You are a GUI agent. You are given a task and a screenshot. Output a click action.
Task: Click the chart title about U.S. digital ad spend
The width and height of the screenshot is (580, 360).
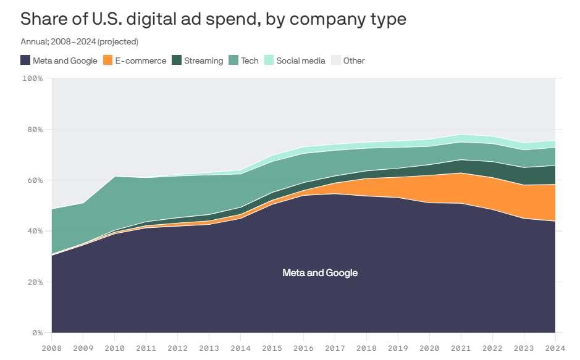213,19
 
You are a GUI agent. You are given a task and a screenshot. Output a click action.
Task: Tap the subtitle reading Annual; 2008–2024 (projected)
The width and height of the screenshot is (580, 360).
79,42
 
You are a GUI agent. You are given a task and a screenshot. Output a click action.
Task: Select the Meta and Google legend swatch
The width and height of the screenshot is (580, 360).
25,61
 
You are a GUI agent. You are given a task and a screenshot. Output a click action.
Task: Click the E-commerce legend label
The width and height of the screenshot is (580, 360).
141,61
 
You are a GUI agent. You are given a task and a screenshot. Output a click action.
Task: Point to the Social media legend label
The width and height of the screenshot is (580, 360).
300,61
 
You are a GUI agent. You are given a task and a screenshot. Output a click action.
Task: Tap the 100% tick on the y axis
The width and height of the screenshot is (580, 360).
32,78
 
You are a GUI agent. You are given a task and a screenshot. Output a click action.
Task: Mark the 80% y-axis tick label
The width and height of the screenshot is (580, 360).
35,130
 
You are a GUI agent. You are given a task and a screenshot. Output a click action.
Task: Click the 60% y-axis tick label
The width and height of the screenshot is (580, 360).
35,180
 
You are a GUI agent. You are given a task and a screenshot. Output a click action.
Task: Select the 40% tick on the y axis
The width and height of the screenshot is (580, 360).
35,231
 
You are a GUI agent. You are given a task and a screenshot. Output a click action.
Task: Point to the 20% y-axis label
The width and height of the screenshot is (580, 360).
35,282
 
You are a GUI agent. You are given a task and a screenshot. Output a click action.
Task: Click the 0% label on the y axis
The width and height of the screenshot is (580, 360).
37,333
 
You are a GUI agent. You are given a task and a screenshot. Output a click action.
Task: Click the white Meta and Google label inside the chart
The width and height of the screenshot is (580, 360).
320,273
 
